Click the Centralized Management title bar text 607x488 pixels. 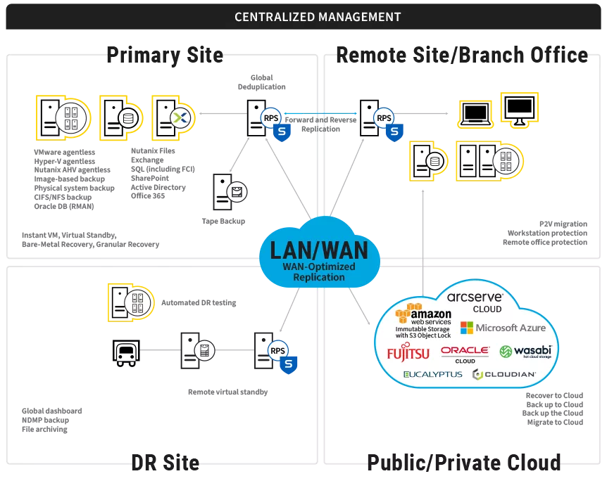318,17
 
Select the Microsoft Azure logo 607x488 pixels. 503,328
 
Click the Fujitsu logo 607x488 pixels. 408,352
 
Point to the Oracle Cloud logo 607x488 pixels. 465,353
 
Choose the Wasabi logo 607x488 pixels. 525,351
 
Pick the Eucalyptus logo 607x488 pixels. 432,374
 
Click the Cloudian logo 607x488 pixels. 504,374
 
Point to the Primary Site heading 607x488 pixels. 165,55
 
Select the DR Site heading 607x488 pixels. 165,462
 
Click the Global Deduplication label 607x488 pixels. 261,82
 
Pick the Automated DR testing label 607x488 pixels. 199,303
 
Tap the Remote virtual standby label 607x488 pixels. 227,392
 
